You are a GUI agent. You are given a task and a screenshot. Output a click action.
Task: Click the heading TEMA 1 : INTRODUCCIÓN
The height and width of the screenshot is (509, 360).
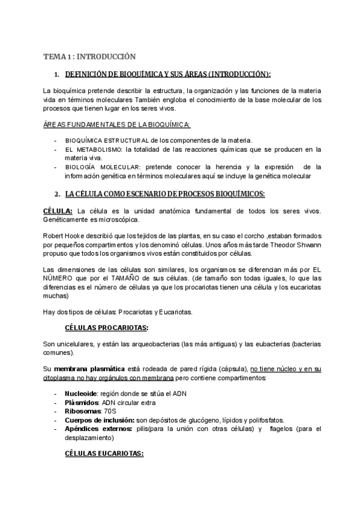point(89,56)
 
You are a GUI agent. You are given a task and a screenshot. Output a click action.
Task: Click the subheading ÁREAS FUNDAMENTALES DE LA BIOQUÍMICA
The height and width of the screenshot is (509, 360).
point(117,124)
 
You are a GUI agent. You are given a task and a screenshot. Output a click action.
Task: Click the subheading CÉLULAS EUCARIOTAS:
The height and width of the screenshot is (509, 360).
point(104,454)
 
